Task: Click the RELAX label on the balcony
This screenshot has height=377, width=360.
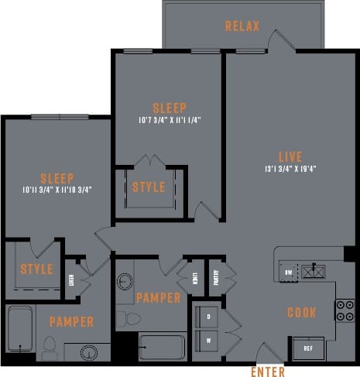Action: pyautogui.click(x=242, y=26)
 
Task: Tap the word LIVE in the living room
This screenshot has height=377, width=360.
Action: pyautogui.click(x=291, y=156)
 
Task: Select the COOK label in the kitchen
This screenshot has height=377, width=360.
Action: pyautogui.click(x=301, y=313)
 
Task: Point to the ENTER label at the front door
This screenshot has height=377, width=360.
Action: pyautogui.click(x=268, y=372)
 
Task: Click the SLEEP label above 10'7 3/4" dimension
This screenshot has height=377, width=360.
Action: pyautogui.click(x=169, y=108)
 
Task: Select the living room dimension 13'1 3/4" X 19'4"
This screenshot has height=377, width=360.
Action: pyautogui.click(x=291, y=169)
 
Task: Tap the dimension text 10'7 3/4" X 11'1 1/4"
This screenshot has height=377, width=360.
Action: pyautogui.click(x=169, y=121)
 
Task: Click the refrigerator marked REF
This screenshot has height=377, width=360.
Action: pyautogui.click(x=307, y=348)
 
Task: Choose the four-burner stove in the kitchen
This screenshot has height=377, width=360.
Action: pyautogui.click(x=344, y=310)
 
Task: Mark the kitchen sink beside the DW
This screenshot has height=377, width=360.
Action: pyautogui.click(x=314, y=270)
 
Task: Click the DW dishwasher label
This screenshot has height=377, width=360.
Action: pyautogui.click(x=289, y=272)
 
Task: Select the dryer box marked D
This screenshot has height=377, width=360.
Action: pyautogui.click(x=207, y=316)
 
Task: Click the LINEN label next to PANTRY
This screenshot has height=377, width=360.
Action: pyautogui.click(x=195, y=276)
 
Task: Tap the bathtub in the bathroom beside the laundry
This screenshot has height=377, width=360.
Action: pyautogui.click(x=162, y=348)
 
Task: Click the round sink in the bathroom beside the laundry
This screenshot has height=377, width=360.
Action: pyautogui.click(x=125, y=280)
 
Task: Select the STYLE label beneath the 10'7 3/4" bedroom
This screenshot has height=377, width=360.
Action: pyautogui.click(x=148, y=187)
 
